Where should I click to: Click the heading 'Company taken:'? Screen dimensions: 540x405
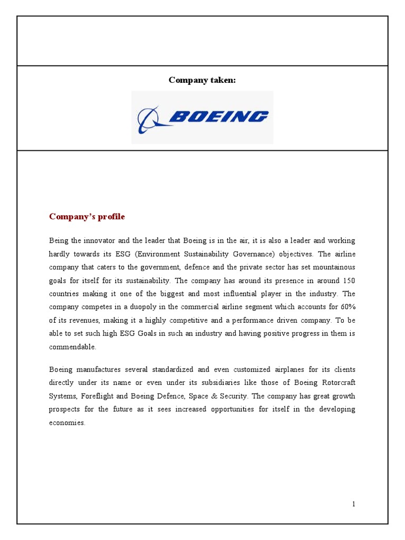point(202,80)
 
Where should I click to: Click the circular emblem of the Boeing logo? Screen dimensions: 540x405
point(148,119)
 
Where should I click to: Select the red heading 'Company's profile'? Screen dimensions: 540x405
point(87,217)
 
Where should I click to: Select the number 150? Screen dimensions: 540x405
point(348,281)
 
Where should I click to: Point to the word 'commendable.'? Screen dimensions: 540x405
point(73,348)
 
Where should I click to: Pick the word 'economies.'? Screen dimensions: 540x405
point(67,423)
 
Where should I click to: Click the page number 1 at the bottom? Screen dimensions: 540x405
point(354,504)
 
